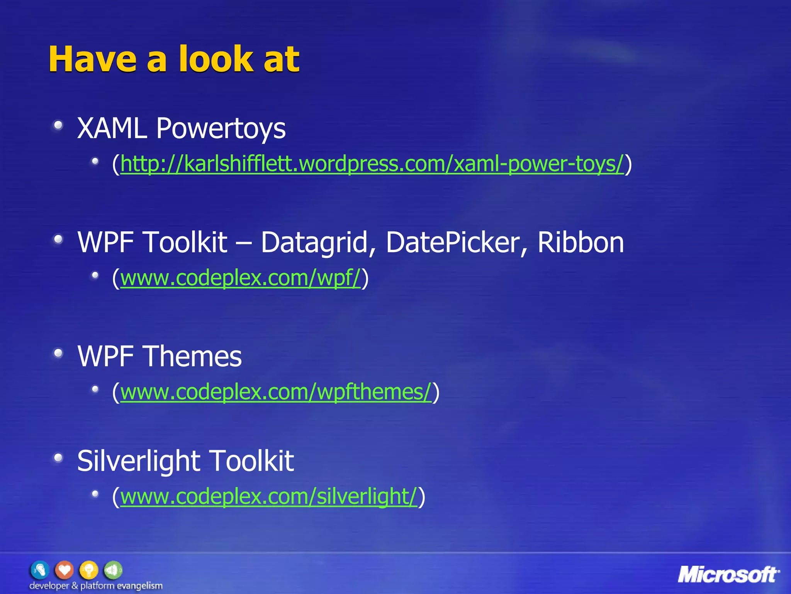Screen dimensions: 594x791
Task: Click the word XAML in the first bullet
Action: coord(112,128)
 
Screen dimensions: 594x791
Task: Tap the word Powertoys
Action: coord(221,129)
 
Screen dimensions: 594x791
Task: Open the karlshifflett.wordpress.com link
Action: coord(372,164)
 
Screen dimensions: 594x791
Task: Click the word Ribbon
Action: coord(581,242)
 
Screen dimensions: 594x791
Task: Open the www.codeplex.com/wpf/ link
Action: coord(240,278)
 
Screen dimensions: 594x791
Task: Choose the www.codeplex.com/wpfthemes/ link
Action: coord(276,392)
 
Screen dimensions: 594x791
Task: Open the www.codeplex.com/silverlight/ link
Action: coord(269,497)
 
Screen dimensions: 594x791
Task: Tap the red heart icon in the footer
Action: coord(64,570)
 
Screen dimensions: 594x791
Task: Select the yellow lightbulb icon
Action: coord(89,570)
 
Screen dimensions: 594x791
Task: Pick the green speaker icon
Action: coord(113,570)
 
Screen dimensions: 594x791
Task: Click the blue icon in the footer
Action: coord(40,570)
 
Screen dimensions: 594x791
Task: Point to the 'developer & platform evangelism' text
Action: coord(96,586)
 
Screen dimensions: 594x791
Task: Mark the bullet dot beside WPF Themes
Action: coord(58,353)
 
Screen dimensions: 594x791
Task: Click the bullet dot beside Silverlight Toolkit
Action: coord(58,458)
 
